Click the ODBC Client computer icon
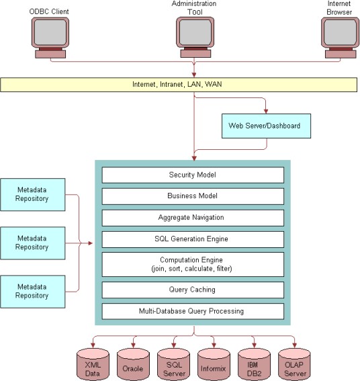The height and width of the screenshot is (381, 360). pyautogui.click(x=48, y=36)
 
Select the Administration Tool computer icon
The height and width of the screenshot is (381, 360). pyautogui.click(x=194, y=36)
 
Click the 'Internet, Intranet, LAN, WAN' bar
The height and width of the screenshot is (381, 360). pyautogui.click(x=179, y=85)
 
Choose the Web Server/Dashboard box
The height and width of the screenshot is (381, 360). pyautogui.click(x=266, y=125)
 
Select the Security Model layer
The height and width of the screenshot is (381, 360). pyautogui.click(x=192, y=175)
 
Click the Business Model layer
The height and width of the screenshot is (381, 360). pyautogui.click(x=192, y=197)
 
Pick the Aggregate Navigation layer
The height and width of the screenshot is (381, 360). pyautogui.click(x=192, y=218)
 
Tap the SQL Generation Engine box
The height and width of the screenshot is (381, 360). pyautogui.click(x=192, y=239)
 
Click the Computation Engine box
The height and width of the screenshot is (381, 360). pyautogui.click(x=192, y=264)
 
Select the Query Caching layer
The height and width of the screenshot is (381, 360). pyautogui.click(x=192, y=290)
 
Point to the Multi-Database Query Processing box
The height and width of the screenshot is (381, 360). pyautogui.click(x=192, y=311)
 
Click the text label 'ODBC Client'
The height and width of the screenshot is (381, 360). pyautogui.click(x=48, y=11)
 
